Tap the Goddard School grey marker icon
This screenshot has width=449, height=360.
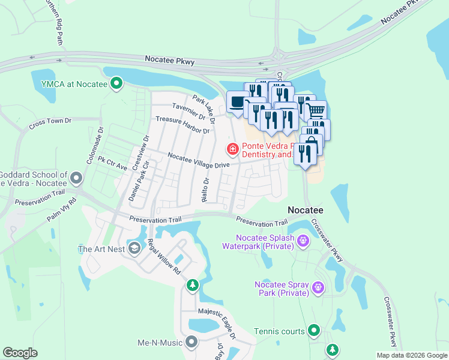76,178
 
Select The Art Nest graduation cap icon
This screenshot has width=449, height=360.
134,248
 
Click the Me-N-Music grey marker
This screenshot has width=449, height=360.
191,342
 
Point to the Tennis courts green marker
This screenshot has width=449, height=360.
313,331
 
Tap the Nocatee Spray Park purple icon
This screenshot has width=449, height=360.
319,288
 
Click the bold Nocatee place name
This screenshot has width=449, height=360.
306,211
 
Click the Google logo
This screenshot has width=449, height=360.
20,353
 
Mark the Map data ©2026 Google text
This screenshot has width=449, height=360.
412,355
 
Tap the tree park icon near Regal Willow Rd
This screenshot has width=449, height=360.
192,284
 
